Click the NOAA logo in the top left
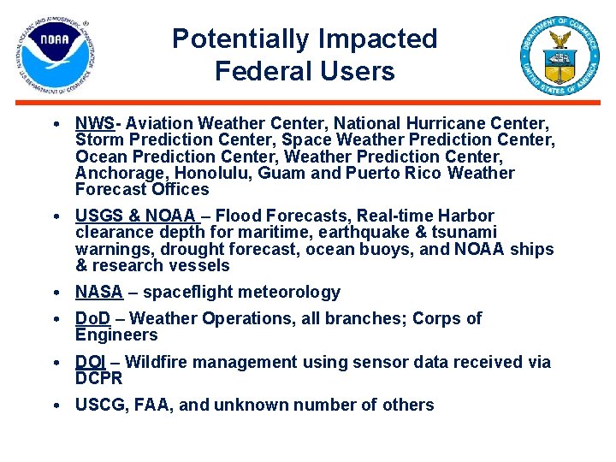(x=55, y=55)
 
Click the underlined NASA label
(x=99, y=293)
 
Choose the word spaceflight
(x=183, y=293)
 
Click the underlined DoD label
(x=92, y=318)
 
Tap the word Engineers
(x=116, y=335)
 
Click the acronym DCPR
(x=99, y=378)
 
